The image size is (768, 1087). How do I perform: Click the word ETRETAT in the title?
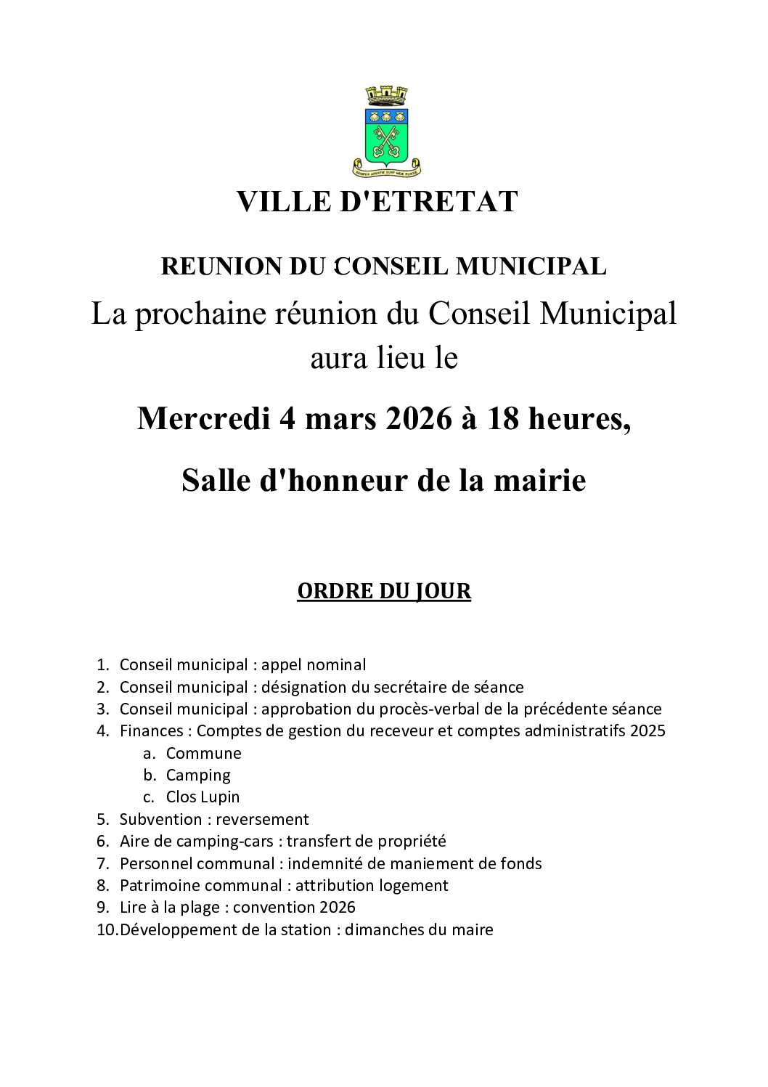(429, 202)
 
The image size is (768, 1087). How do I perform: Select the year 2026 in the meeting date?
(414, 419)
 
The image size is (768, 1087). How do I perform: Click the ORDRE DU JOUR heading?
(384, 591)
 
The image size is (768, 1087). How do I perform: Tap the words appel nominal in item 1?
(314, 664)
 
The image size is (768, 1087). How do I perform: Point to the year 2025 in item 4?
(648, 730)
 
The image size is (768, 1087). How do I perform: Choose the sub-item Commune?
(203, 753)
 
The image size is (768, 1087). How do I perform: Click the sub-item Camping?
(198, 775)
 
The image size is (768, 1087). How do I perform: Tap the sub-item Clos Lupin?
(203, 797)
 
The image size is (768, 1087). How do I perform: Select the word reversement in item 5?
(262, 819)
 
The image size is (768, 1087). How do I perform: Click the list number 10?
(106, 929)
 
